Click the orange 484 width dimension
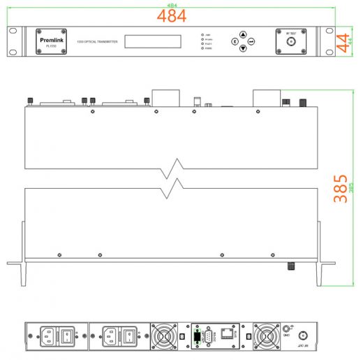coord(175,15)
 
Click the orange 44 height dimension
coord(342,42)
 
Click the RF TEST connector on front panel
coord(291,43)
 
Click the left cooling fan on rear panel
coord(165,336)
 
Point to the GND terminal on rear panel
coord(286,329)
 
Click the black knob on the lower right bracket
coord(289,266)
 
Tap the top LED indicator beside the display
coord(202,34)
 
